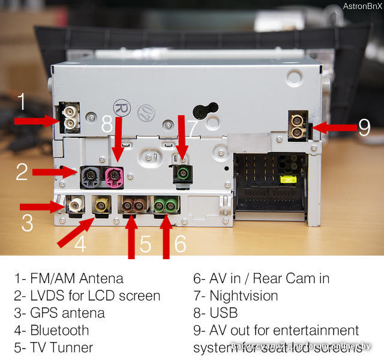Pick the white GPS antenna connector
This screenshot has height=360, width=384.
click(x=75, y=206)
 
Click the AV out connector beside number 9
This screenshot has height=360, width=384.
click(x=298, y=126)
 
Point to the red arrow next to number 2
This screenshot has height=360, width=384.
click(x=55, y=172)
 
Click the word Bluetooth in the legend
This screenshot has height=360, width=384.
click(x=59, y=330)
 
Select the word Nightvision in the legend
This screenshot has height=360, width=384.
click(x=244, y=295)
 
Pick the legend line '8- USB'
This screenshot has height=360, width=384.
click(x=215, y=313)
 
